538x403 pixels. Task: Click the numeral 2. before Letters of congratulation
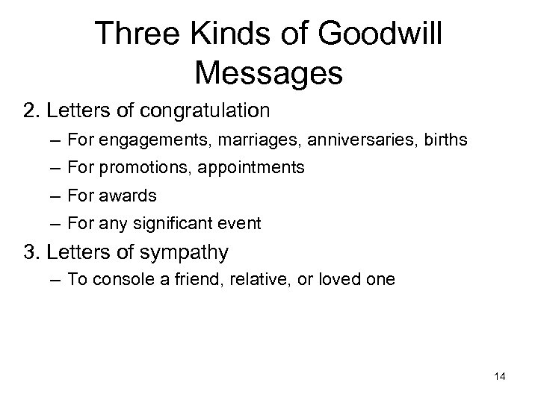(x=32, y=111)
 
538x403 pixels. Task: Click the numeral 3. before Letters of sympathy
(x=32, y=253)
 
